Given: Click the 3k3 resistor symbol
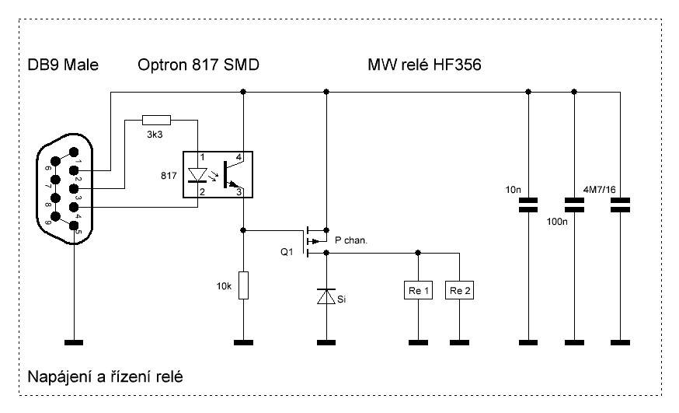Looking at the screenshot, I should pyautogui.click(x=156, y=120).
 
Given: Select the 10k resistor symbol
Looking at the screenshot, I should pyautogui.click(x=243, y=285).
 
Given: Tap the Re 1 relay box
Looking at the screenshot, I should pyautogui.click(x=418, y=290).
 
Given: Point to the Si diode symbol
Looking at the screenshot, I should pyautogui.click(x=326, y=296).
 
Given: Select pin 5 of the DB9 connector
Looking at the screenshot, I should pyautogui.click(x=75, y=226).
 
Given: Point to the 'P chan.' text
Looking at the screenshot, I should pyautogui.click(x=350, y=240).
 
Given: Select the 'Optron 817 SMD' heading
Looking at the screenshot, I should pyautogui.click(x=197, y=65).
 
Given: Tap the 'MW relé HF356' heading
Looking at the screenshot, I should pyautogui.click(x=424, y=65).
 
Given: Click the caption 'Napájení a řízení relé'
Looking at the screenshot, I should pyautogui.click(x=105, y=377).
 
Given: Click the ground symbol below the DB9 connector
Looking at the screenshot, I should pyautogui.click(x=75, y=341).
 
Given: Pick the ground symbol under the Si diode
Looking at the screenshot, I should pyautogui.click(x=326, y=341).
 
